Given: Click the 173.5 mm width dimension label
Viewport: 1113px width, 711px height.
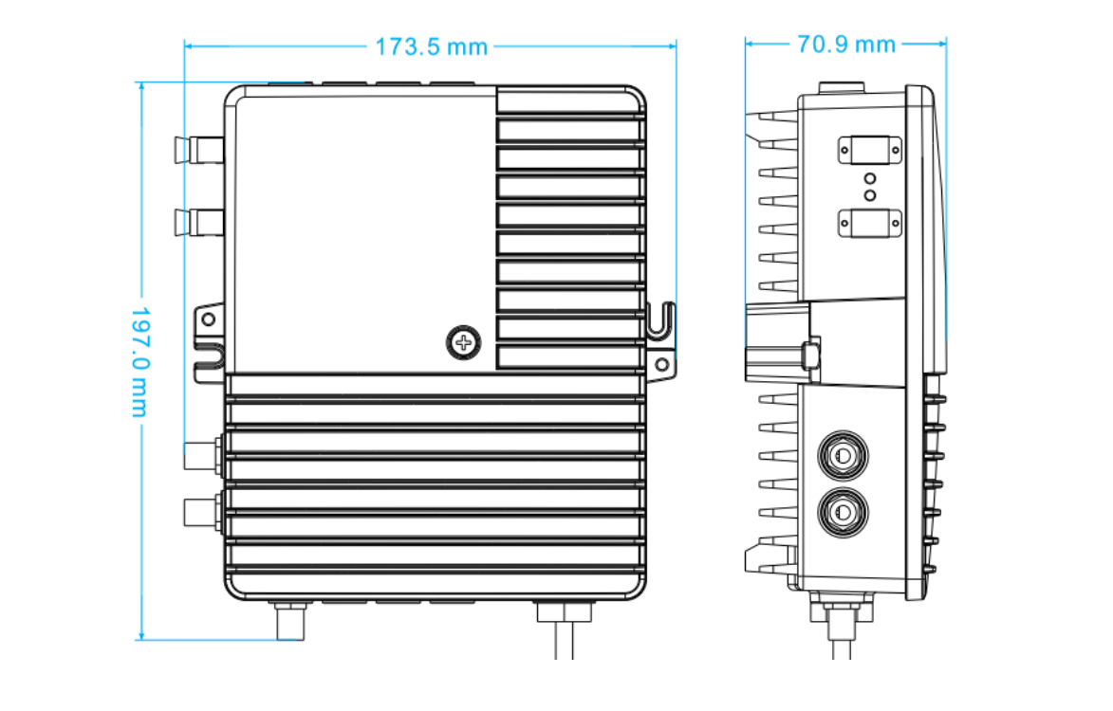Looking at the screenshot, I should (x=431, y=46).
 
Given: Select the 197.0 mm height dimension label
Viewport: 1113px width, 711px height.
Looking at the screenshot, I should (x=140, y=360).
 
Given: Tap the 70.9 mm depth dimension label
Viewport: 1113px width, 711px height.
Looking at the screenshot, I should (x=846, y=44).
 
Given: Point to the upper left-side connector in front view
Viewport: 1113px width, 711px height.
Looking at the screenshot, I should (x=197, y=150).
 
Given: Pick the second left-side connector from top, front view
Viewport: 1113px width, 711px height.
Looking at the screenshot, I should (x=197, y=224).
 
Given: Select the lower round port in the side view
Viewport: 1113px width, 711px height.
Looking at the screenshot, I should (x=842, y=513).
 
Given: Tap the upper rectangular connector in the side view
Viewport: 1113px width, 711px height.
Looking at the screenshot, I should (x=869, y=149).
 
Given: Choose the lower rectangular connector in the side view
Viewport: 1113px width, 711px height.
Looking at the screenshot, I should (x=869, y=224).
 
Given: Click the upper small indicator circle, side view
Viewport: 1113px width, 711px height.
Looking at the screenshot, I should (x=869, y=178).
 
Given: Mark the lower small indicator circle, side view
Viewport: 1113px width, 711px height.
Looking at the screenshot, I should (x=869, y=194).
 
